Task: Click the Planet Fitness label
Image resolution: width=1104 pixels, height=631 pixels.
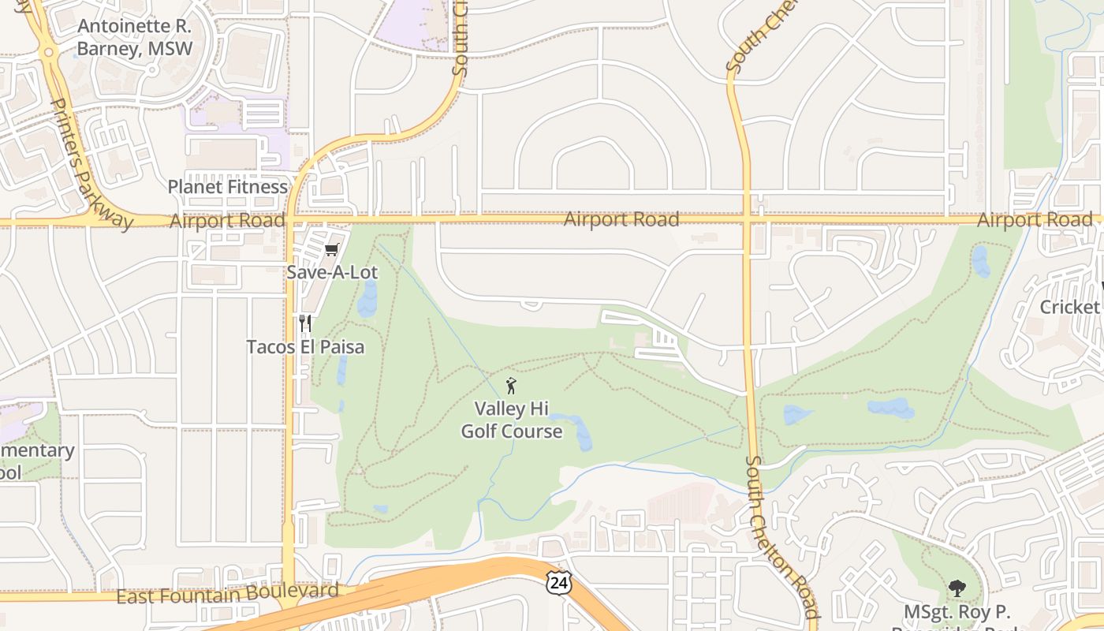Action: click(228, 187)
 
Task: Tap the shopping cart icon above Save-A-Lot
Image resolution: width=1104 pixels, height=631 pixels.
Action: click(331, 250)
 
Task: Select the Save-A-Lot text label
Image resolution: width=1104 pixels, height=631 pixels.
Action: click(332, 273)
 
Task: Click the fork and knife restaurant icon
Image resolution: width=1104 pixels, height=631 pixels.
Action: click(305, 323)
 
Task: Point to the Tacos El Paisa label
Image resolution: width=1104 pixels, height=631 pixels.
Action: click(305, 347)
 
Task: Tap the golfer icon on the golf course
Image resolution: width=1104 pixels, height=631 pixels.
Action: click(511, 386)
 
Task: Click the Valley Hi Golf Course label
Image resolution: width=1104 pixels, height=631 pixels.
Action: click(511, 420)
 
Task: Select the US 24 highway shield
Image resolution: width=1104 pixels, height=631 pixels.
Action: click(558, 583)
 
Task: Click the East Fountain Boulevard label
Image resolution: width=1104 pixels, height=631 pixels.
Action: click(227, 593)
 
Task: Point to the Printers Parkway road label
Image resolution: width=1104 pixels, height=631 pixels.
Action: click(91, 162)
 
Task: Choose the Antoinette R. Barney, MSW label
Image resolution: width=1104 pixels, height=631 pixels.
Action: click(134, 37)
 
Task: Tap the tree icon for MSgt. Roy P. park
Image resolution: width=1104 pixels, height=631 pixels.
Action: click(957, 588)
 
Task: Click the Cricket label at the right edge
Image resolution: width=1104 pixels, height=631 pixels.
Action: click(1070, 307)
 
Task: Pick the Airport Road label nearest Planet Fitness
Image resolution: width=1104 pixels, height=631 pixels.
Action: click(227, 220)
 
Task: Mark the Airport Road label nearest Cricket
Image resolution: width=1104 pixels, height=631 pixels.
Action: click(1035, 220)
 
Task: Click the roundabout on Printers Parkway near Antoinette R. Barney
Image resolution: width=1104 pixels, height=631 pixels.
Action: click(49, 53)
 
